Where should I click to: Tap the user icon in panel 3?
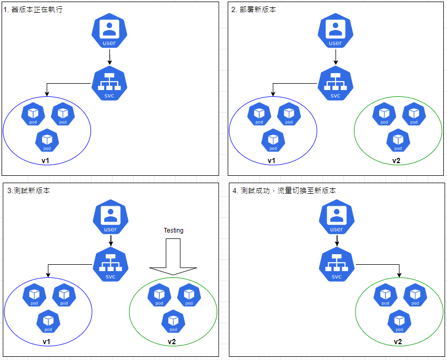110,218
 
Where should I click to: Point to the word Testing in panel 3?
174,231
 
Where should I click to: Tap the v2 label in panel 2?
396,161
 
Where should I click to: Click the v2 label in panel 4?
398,342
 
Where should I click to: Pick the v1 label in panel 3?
46,342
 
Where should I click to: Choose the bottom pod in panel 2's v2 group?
398,141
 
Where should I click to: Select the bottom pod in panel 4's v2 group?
399,322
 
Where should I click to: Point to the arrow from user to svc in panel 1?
109,56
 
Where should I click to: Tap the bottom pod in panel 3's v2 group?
173,322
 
